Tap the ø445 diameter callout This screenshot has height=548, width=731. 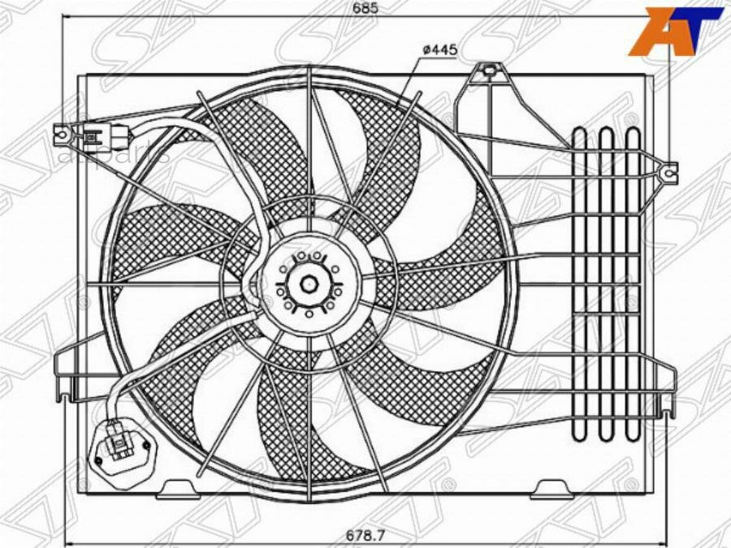[x=440, y=50]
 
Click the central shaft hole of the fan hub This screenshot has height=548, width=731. [x=309, y=284]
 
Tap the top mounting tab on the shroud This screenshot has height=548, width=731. [x=489, y=71]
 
